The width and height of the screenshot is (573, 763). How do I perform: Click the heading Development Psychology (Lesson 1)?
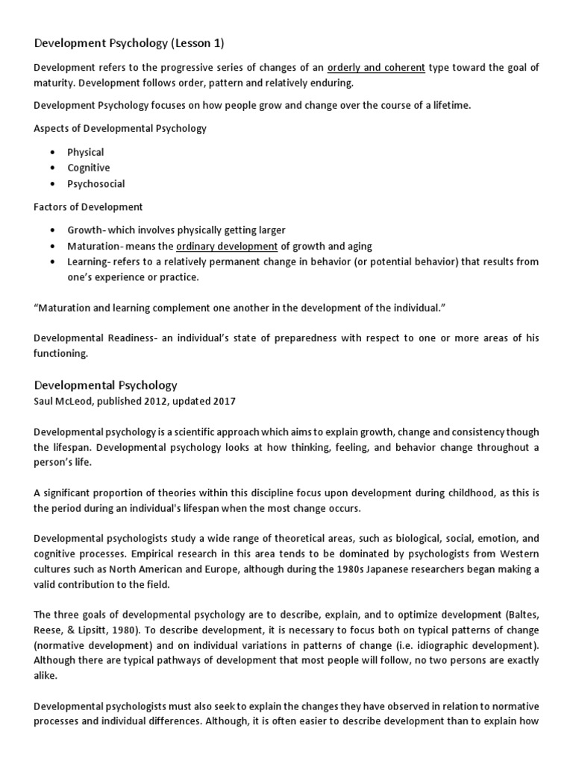click(129, 43)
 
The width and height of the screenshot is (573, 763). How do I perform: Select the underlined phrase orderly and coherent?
click(376, 67)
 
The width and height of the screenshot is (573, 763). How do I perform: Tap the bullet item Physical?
click(85, 152)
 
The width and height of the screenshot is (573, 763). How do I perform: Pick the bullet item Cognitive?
click(88, 168)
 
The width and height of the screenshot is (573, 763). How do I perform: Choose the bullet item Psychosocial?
click(95, 183)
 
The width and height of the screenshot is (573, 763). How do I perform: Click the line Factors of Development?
click(88, 206)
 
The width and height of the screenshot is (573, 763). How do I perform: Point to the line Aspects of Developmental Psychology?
click(120, 128)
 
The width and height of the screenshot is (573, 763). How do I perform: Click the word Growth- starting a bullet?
click(85, 230)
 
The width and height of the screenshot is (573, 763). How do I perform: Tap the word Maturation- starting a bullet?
click(95, 246)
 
